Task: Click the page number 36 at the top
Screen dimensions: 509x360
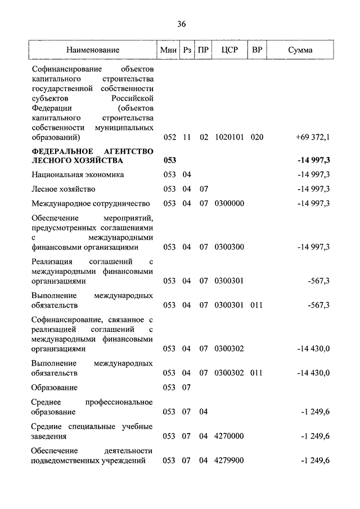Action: click(x=181, y=24)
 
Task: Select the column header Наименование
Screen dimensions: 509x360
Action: click(x=93, y=50)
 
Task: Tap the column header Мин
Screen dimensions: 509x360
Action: click(x=169, y=50)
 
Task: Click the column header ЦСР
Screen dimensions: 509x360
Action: click(x=230, y=50)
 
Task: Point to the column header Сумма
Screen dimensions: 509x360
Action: click(x=300, y=50)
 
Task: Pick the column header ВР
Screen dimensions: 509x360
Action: click(x=257, y=50)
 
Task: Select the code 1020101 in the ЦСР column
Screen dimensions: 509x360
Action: click(x=229, y=137)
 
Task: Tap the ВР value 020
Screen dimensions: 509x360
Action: click(x=257, y=137)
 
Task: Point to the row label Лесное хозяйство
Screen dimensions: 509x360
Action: click(x=64, y=189)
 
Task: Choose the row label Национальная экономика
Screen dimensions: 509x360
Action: click(x=78, y=175)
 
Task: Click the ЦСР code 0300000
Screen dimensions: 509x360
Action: click(x=229, y=204)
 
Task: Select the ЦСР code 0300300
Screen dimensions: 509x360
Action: click(x=229, y=247)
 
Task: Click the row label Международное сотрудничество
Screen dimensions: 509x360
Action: click(x=91, y=204)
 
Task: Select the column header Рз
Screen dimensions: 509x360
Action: click(x=187, y=50)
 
